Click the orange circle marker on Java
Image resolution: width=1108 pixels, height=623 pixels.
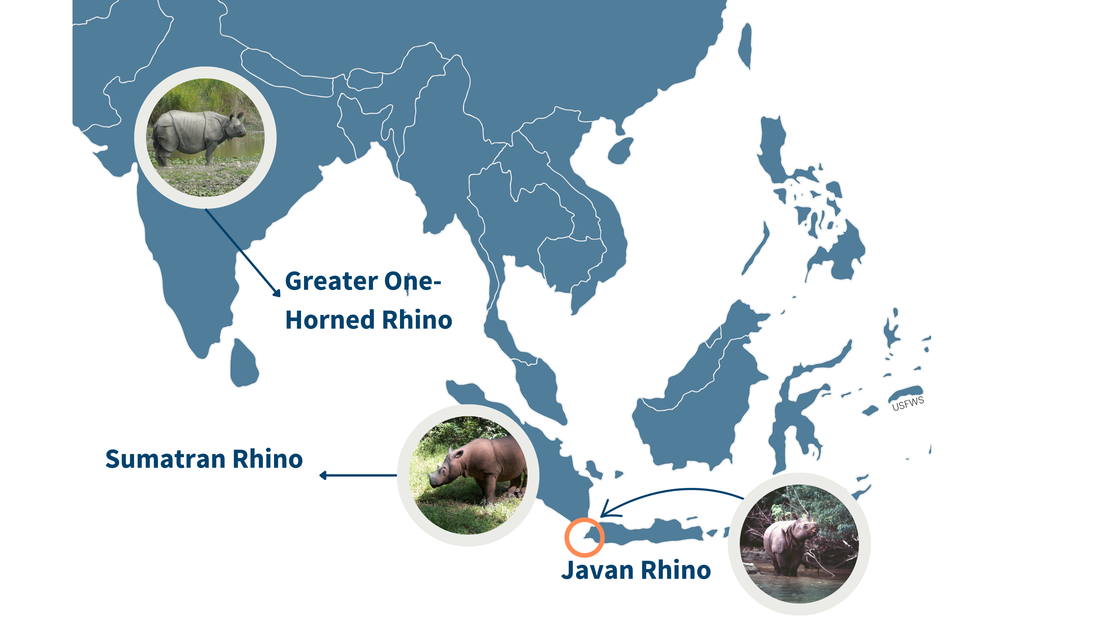tap(584, 537)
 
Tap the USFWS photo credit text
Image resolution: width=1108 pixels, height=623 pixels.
tap(908, 404)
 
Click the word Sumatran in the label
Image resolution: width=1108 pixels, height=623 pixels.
tap(165, 459)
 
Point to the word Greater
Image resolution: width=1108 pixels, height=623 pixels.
tap(331, 282)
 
